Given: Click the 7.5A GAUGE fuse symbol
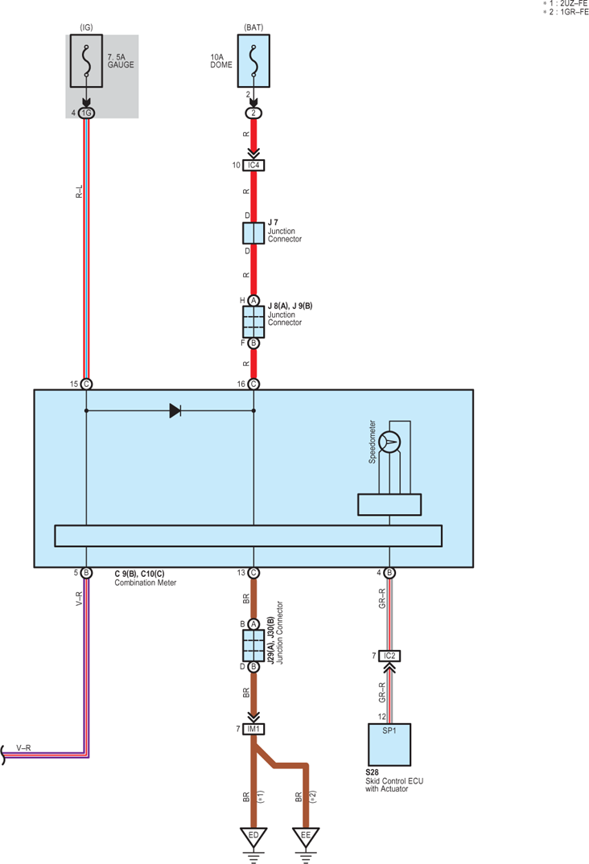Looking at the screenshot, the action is tap(87, 60).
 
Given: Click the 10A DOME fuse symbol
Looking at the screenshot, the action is tap(253, 60).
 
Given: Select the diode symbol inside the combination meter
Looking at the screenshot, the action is tap(175, 410).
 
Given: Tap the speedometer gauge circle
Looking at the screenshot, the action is tap(389, 442).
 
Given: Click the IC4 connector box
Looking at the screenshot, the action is tap(253, 165).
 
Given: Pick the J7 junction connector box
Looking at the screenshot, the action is tap(253, 233).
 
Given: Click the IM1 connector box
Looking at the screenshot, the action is tap(253, 729).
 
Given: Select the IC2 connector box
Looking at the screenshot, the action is tap(389, 656).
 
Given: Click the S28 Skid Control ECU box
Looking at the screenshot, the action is tap(389, 744).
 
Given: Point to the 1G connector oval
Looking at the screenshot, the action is tap(87, 113).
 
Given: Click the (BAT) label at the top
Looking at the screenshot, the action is tap(253, 27).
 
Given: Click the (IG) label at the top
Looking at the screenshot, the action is tap(87, 27).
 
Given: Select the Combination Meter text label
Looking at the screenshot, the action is tap(146, 582).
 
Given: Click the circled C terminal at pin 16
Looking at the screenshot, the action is tap(253, 384).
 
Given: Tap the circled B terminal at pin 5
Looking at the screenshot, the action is tap(87, 573).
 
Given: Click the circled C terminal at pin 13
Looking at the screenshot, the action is tap(253, 573).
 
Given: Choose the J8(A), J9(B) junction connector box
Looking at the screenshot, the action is tap(253, 322).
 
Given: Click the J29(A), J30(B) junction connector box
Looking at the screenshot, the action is tap(253, 645).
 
